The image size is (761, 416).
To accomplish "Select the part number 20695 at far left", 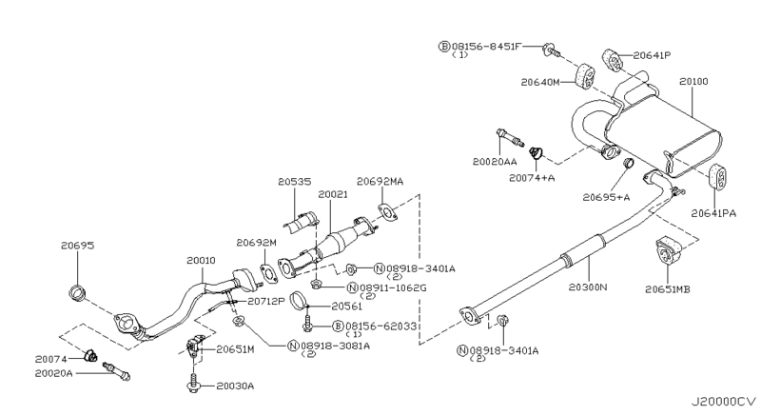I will [x=79, y=245].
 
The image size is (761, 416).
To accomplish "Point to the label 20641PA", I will [x=713, y=213].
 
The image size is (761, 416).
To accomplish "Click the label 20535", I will [x=296, y=180].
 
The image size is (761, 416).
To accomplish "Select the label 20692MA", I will [x=380, y=180].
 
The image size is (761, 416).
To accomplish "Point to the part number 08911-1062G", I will [x=400, y=287].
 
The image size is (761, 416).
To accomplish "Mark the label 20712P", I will [x=268, y=302].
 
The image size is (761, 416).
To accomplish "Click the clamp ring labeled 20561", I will [x=298, y=307].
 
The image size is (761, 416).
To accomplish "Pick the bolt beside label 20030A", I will [x=194, y=386].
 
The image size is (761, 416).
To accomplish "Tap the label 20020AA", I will [x=495, y=163].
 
